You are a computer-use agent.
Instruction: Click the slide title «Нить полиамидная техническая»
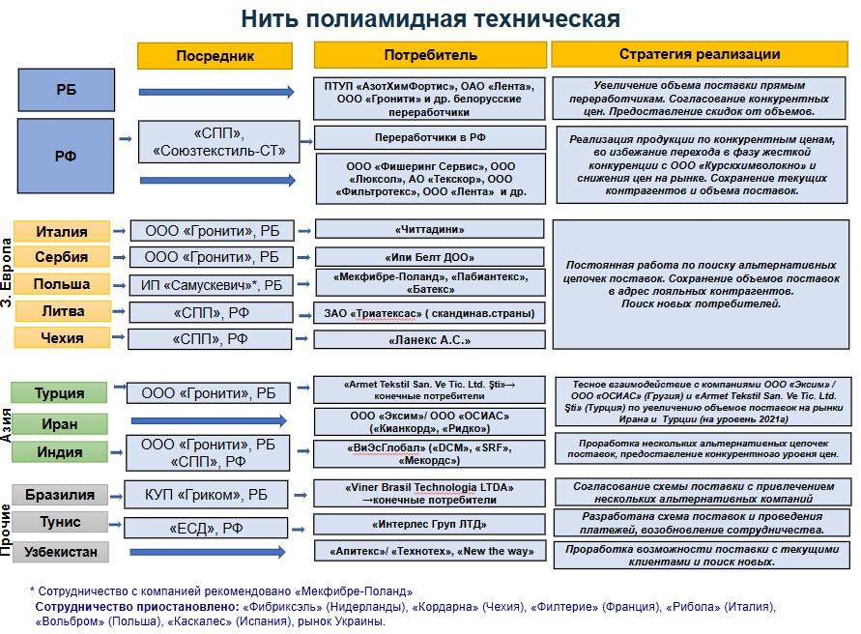click(430, 18)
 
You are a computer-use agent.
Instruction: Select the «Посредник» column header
click(215, 56)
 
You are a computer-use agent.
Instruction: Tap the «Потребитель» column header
click(430, 55)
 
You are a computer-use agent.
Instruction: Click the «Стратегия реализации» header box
click(700, 54)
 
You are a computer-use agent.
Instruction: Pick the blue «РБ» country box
click(66, 90)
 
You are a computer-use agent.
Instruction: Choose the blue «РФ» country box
click(66, 155)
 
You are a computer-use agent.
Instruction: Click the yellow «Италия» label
click(62, 232)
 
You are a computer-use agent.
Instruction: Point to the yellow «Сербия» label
click(62, 257)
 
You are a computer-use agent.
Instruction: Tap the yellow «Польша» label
click(62, 284)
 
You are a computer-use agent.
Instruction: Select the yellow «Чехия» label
click(62, 338)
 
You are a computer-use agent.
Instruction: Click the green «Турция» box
click(60, 393)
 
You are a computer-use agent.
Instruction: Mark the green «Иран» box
click(60, 424)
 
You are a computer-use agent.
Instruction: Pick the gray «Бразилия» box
click(60, 495)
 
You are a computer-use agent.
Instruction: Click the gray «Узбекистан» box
click(60, 552)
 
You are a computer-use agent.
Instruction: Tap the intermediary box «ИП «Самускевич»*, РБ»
click(212, 285)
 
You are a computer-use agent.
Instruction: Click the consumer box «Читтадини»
click(430, 230)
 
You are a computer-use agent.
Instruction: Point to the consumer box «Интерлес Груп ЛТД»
click(430, 525)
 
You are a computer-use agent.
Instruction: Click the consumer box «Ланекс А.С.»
click(430, 340)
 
